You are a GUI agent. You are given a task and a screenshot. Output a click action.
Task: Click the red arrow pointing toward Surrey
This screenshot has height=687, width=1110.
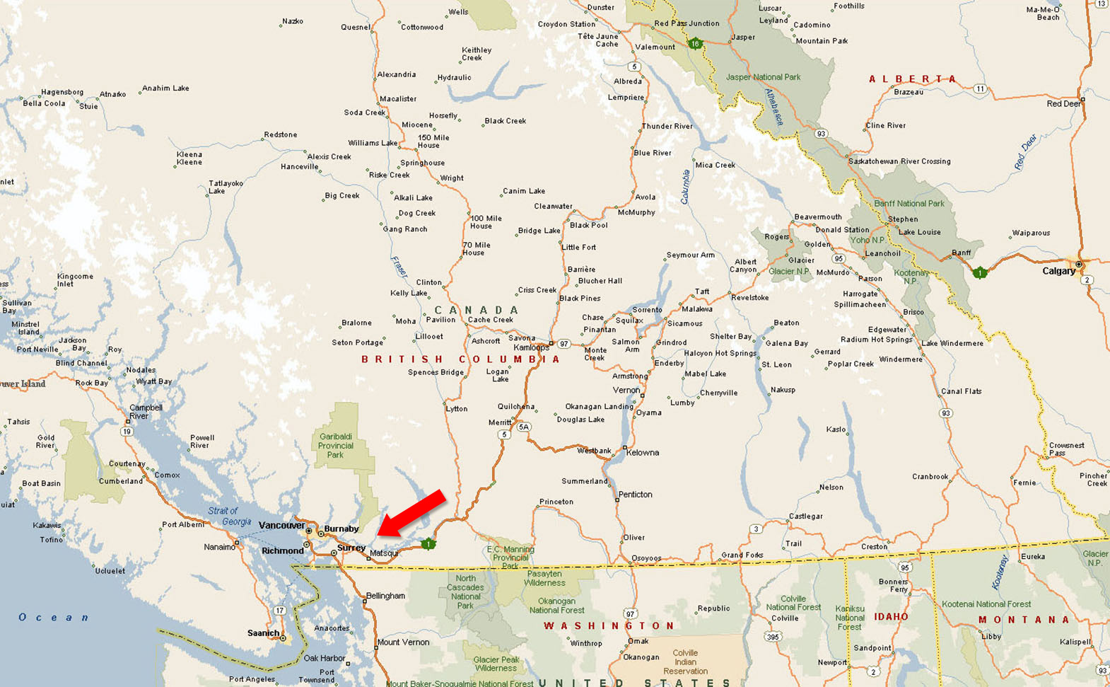411,512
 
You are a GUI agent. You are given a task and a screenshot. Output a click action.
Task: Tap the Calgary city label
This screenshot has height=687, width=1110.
1058,271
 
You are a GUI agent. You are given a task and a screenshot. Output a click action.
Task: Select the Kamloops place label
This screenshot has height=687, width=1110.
531,347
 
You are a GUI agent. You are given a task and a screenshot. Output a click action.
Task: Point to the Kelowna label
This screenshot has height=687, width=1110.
642,453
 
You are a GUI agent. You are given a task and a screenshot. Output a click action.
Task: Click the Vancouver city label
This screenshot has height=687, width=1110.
281,525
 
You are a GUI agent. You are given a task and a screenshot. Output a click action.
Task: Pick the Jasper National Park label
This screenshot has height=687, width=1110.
763,77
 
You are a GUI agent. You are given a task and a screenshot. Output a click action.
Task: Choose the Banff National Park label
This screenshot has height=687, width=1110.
909,204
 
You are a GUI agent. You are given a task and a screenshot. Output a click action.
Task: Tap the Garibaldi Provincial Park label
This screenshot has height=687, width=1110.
335,446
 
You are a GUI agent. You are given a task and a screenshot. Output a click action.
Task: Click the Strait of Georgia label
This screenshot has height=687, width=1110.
229,516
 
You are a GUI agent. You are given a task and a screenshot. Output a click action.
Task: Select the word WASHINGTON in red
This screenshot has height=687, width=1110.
609,626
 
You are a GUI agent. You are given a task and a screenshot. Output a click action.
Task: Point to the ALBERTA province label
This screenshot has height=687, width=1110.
912,79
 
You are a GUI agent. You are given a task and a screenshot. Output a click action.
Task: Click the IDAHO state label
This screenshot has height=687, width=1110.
891,617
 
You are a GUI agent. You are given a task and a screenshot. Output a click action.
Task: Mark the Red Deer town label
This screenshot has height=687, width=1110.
1064,104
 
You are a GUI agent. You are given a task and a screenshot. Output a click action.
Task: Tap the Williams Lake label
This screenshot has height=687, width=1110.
373,143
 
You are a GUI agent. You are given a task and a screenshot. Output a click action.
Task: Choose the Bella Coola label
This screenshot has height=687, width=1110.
44,103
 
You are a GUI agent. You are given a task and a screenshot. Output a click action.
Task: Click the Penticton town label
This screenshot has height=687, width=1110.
635,495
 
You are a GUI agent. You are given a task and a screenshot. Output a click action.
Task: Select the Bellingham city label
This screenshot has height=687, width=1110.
385,596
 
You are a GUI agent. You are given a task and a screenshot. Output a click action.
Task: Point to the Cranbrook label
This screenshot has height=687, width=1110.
930,477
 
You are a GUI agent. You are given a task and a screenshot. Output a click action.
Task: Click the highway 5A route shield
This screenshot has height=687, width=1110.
523,427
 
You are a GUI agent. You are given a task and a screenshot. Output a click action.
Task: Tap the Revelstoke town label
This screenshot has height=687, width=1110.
749,298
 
